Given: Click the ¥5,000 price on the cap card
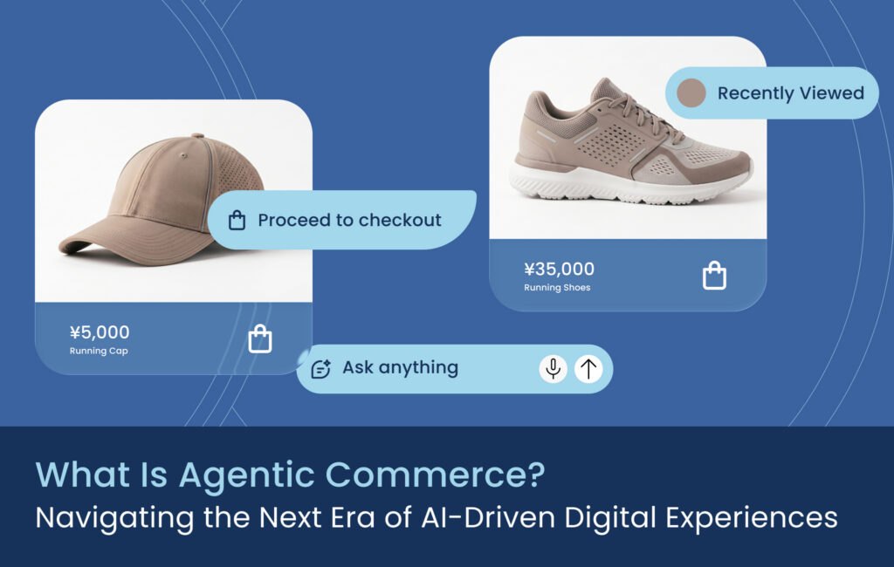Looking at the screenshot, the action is (100, 332).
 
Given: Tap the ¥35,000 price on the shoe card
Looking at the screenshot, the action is (559, 269).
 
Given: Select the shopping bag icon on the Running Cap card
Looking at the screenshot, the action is (260, 339).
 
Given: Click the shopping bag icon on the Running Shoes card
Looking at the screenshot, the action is (714, 276).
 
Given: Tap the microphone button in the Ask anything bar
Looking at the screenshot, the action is (553, 369).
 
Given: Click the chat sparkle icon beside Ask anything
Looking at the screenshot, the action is (321, 369).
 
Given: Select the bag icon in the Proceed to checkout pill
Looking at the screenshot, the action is (237, 220).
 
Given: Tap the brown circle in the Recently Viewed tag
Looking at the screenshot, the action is (691, 92).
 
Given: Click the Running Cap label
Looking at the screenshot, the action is (99, 351).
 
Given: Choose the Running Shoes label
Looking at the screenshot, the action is (557, 288).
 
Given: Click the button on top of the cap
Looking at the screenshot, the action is (198, 135).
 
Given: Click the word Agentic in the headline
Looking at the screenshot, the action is (247, 475).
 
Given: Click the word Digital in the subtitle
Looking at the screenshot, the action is (610, 518).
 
